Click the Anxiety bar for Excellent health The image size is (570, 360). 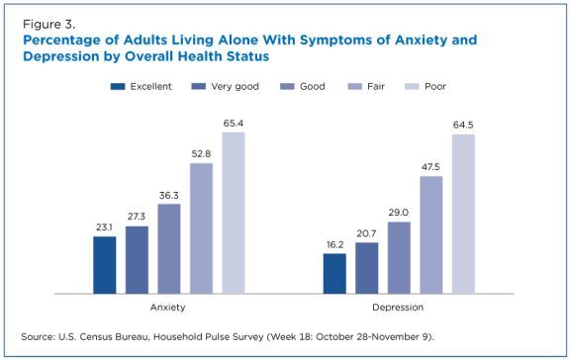[x=104, y=265]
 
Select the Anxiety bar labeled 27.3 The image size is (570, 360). [x=137, y=260]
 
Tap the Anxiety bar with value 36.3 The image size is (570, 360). [x=169, y=248]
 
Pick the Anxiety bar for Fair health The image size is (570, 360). [x=201, y=228]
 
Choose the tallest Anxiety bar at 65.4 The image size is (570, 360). [x=234, y=213]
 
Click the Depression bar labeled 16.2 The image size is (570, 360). [x=334, y=274]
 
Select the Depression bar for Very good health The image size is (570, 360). [x=366, y=268]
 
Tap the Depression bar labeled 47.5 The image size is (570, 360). [x=431, y=234]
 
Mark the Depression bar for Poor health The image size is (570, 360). [x=463, y=214]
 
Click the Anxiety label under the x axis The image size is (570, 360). [x=168, y=309]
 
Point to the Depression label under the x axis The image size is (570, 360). [x=399, y=309]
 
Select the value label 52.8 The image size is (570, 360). [x=202, y=153]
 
